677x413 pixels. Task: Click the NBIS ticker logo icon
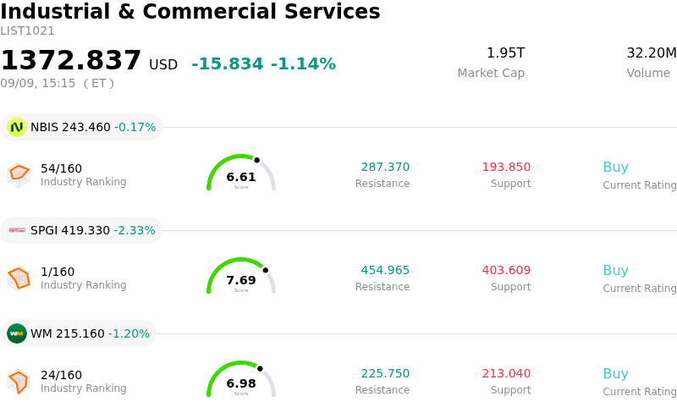(x=17, y=127)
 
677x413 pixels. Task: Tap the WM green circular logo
(x=17, y=333)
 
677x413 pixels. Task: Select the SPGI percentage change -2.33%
(x=135, y=230)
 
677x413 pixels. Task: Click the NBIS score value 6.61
(x=241, y=177)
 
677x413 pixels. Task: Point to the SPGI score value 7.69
(x=241, y=280)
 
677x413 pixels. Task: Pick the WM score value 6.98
(x=241, y=383)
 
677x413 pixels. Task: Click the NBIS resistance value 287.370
(x=385, y=167)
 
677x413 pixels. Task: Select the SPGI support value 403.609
(x=506, y=270)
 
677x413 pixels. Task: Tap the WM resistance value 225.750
(x=385, y=373)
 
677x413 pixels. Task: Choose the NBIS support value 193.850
(x=506, y=167)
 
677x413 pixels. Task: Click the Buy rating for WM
(x=616, y=374)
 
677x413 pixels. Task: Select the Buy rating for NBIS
(x=616, y=168)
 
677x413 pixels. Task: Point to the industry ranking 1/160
(x=58, y=272)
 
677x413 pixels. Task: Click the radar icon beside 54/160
(x=19, y=175)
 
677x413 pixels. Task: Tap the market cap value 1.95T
(x=505, y=52)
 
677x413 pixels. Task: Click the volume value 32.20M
(x=652, y=52)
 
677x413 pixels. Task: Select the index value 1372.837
(x=71, y=60)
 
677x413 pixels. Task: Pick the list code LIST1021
(x=27, y=31)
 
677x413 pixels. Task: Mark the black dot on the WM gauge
(x=260, y=368)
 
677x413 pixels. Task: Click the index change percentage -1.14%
(x=303, y=64)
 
